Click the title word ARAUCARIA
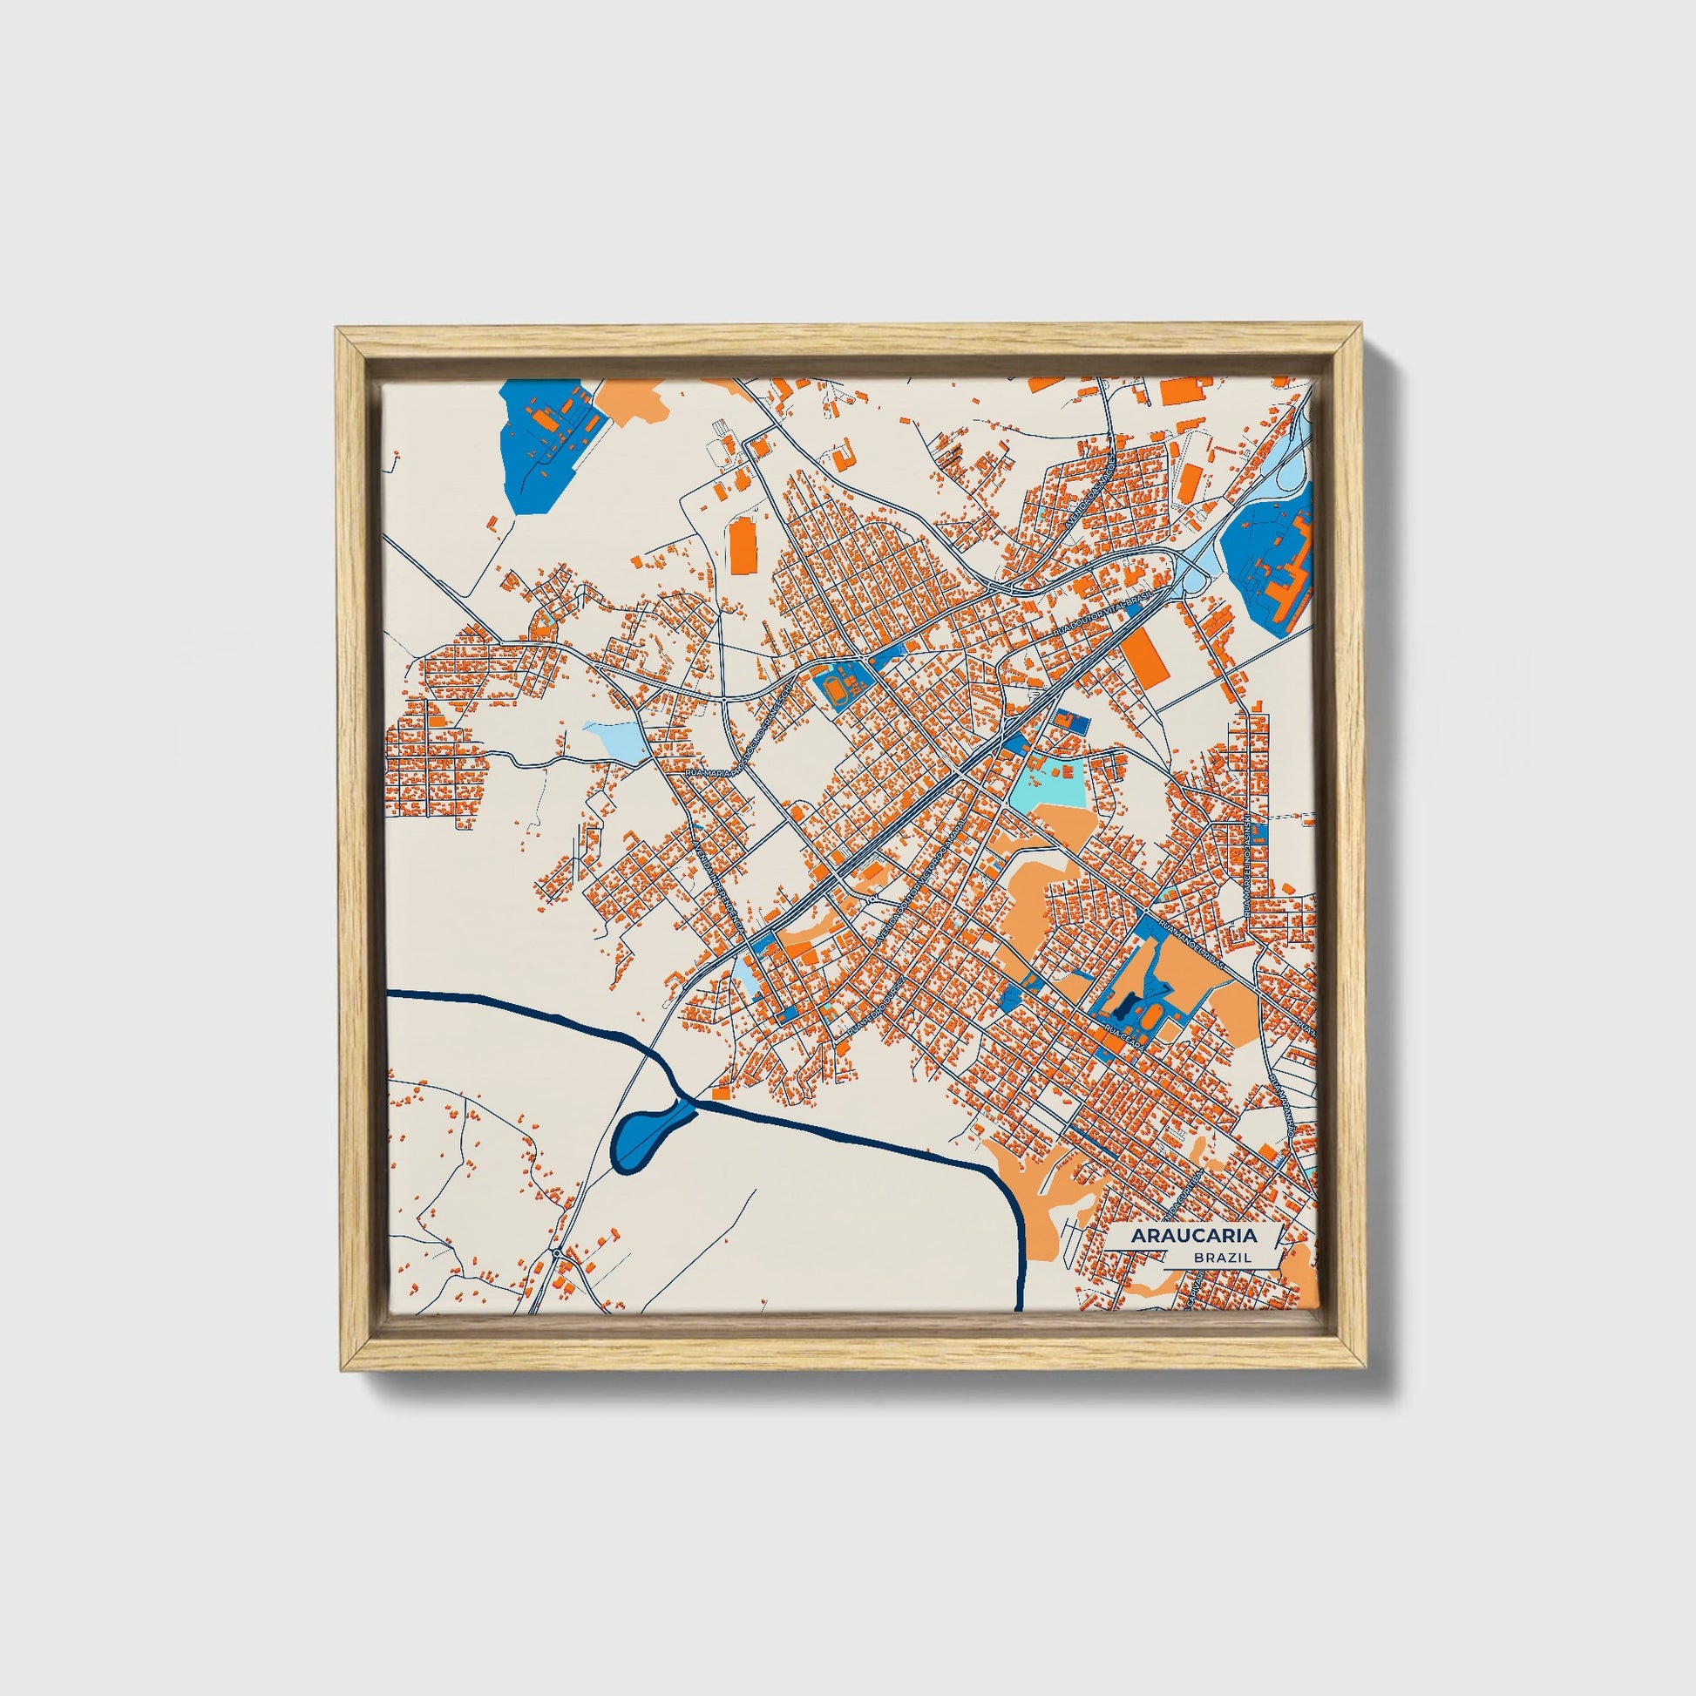(x=1193, y=1235)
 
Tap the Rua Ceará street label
(x=1122, y=1035)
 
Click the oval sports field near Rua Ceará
(x=1146, y=1018)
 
